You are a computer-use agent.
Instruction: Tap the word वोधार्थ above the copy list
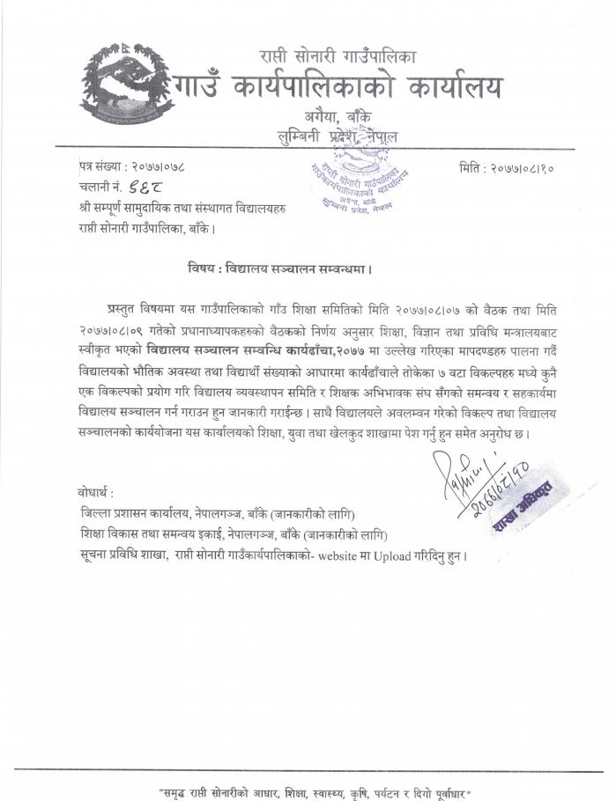(x=94, y=490)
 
